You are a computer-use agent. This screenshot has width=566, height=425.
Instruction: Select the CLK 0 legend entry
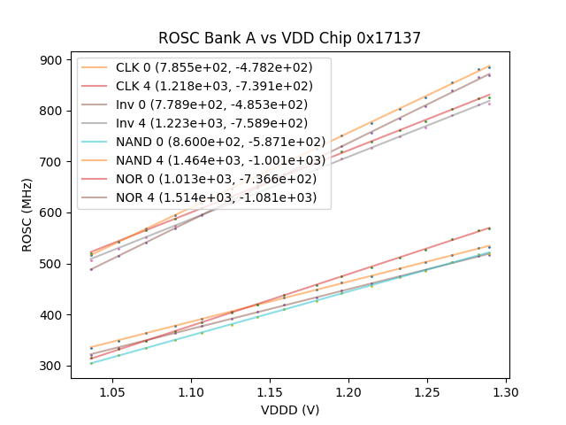click(203, 67)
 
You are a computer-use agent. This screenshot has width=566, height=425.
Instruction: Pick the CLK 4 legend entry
click(203, 86)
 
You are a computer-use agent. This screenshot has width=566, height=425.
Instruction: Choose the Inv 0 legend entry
click(203, 104)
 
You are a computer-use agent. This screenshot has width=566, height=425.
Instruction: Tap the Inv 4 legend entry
click(203, 123)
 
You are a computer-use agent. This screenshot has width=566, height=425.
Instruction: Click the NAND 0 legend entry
click(203, 142)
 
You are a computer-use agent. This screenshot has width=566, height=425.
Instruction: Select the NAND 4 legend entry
click(203, 160)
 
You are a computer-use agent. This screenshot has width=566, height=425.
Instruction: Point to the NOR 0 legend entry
click(203, 179)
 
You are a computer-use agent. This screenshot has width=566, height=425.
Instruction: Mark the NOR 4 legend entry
click(203, 197)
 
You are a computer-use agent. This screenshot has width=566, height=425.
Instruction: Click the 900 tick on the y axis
click(53, 60)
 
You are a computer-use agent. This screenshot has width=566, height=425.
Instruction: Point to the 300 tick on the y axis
click(53, 366)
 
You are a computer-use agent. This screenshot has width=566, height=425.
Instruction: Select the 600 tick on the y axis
click(53, 212)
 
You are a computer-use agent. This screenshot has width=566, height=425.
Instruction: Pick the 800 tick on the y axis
click(53, 111)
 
